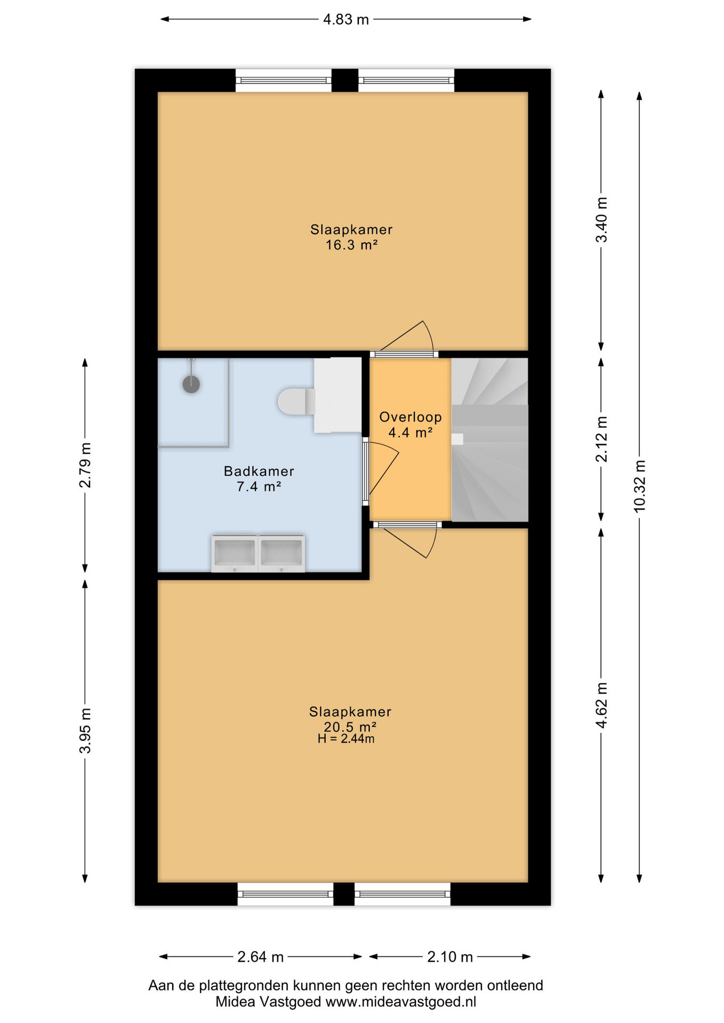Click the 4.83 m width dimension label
346,20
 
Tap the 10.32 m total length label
639,486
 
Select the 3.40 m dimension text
601,220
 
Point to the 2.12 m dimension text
601,439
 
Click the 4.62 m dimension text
601,705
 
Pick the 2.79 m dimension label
85,465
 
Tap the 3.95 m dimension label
85,731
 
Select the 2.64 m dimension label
260,957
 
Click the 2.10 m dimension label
450,957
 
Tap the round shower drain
191,384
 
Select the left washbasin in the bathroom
235,553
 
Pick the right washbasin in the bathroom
281,553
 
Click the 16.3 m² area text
352,245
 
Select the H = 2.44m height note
346,739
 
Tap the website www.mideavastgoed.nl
400,1002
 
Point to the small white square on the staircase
457,439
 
